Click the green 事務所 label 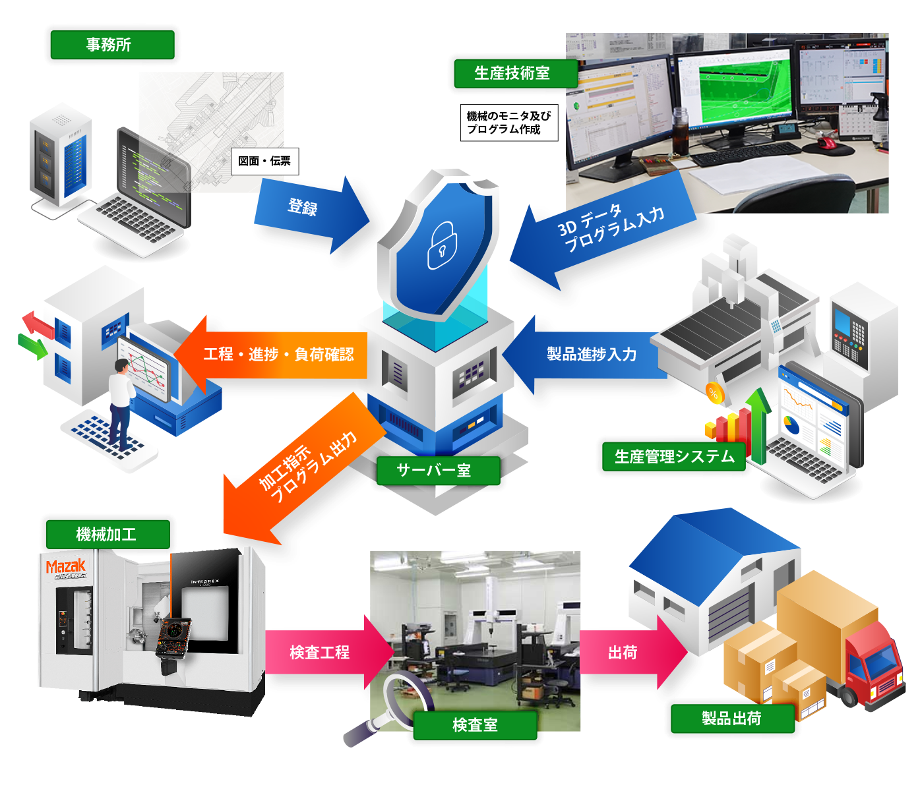112,45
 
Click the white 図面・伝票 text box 264,161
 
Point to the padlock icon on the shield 442,246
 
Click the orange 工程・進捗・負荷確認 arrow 277,355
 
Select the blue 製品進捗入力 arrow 587,355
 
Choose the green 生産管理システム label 673,457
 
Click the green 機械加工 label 107,534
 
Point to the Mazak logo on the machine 66,567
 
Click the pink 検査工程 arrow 323,653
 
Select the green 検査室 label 475,725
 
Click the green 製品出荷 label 732,719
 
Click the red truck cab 874,666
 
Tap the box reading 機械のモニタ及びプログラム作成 508,123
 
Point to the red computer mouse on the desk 826,143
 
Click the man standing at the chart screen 120,402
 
